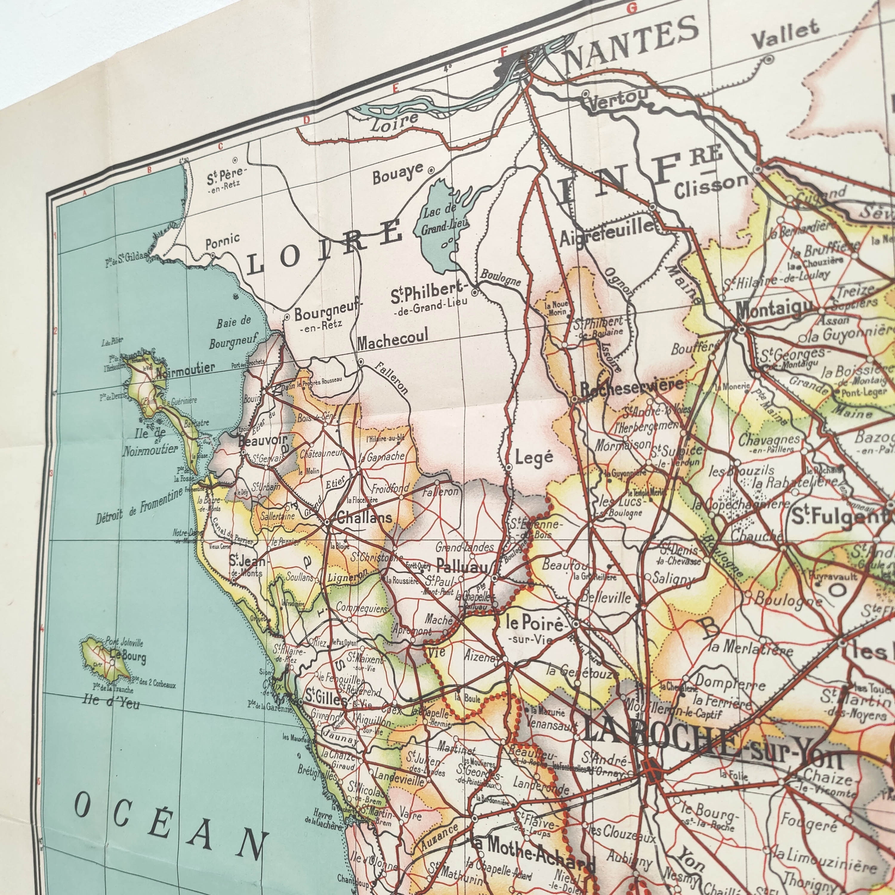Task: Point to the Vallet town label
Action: point(785,35)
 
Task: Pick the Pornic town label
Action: point(222,240)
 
